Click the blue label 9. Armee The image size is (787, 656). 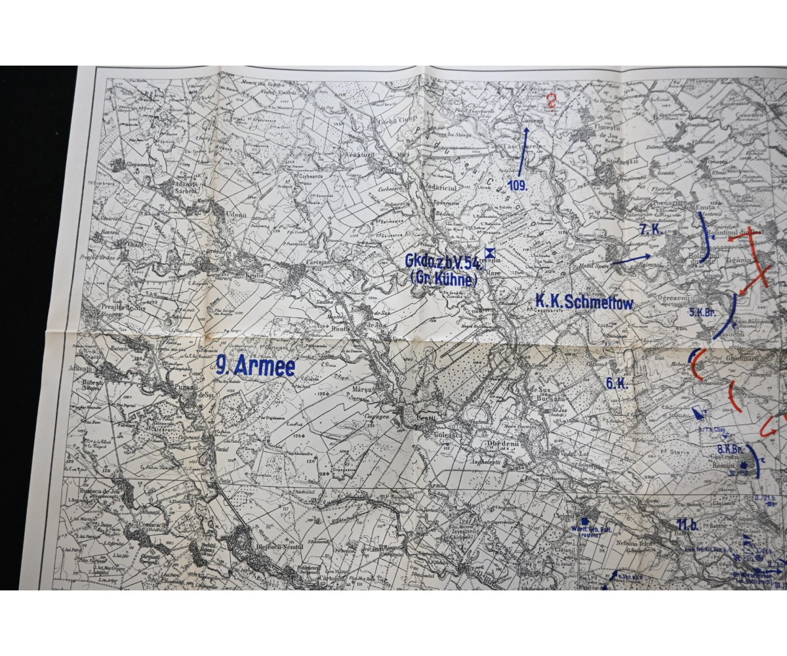click(256, 366)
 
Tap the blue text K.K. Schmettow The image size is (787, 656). click(584, 302)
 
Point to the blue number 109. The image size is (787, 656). click(517, 186)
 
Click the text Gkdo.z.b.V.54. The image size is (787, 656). click(443, 262)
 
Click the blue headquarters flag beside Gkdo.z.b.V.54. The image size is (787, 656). click(489, 253)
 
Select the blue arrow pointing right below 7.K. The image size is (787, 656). click(632, 258)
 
